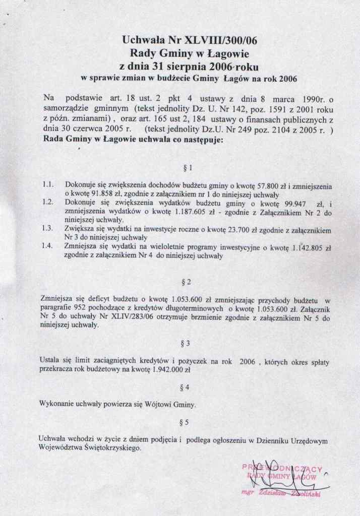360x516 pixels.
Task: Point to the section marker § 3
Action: [x=185, y=343]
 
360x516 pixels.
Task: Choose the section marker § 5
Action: [x=185, y=422]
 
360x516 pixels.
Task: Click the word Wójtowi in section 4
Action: [x=145, y=404]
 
